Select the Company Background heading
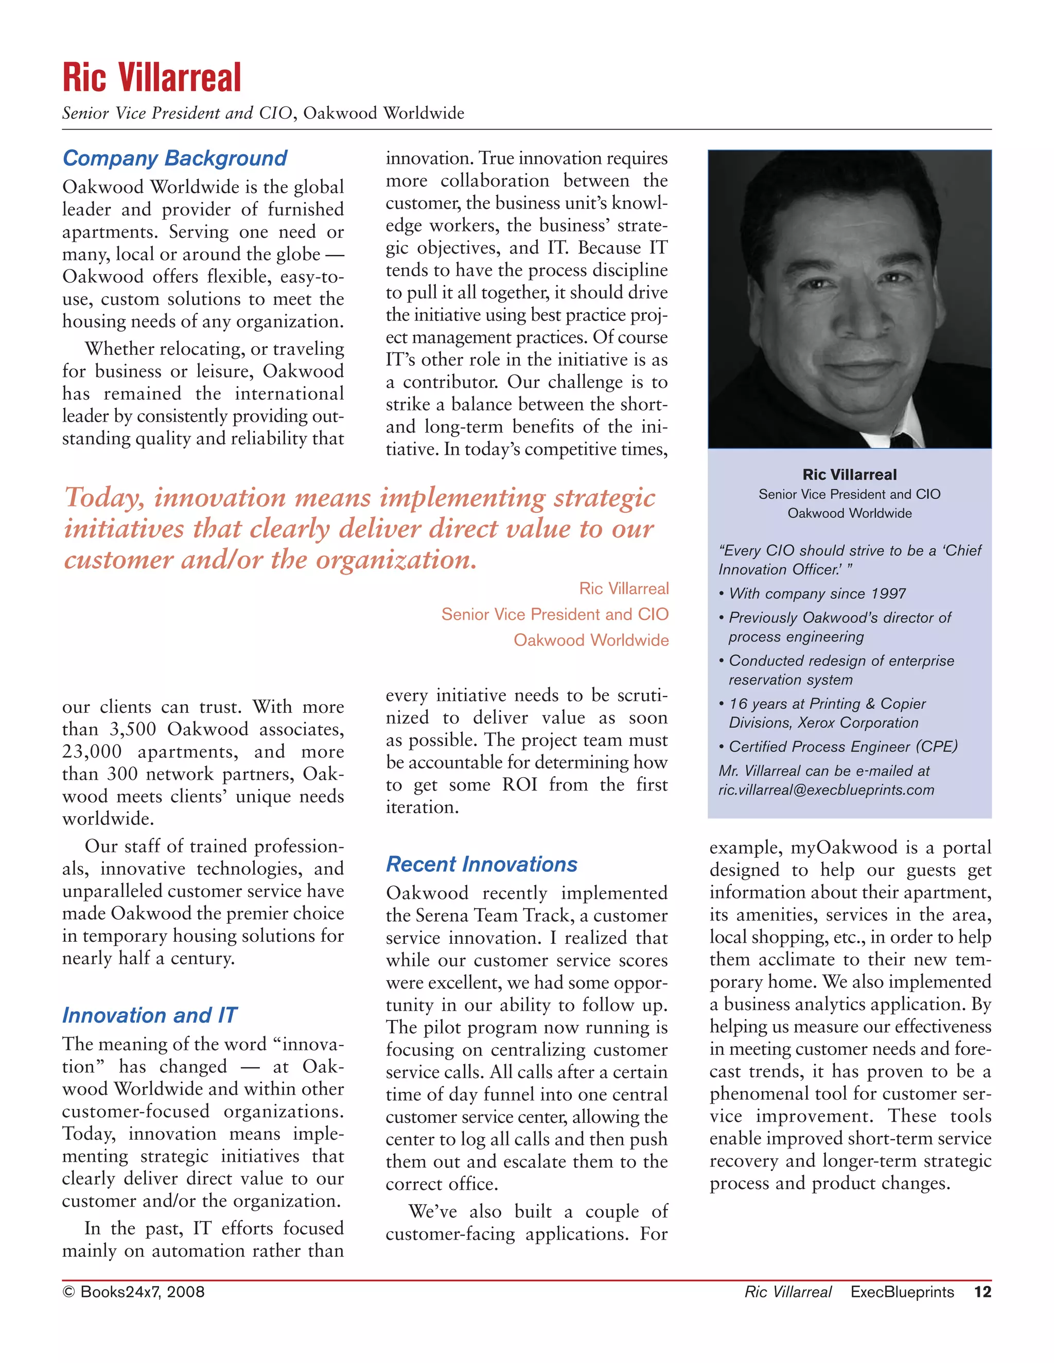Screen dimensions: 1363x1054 pos(175,158)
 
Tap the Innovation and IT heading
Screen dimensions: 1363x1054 pos(149,1015)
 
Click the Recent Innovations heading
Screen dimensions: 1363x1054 pos(481,865)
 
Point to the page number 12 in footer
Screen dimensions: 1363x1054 pos(982,1292)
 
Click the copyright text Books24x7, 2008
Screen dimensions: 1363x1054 pos(134,1292)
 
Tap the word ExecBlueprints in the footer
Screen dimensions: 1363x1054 pos(902,1292)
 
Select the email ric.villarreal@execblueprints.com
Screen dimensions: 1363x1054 pos(826,790)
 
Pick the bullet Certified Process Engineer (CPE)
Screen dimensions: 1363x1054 pos(843,746)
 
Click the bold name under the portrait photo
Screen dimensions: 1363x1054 pos(849,475)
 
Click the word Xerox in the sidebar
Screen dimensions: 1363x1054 pos(816,723)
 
